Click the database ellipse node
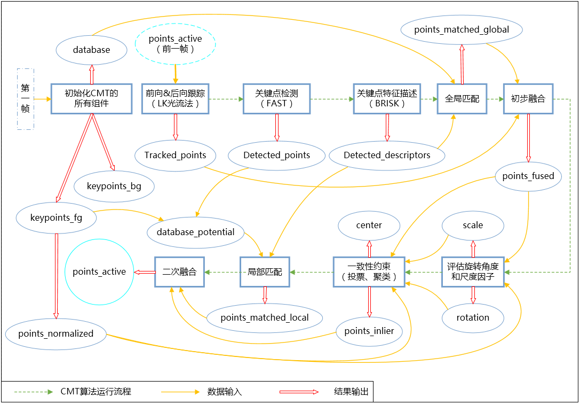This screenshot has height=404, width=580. pos(91,50)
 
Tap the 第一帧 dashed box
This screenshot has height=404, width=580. pos(26,99)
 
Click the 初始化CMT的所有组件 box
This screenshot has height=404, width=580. pos(91,98)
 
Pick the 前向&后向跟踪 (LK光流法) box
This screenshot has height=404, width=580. pos(175,98)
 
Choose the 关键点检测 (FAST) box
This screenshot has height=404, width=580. pos(276,98)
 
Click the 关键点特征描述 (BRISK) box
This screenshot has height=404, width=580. pos(387,98)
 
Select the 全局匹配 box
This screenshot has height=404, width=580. pos(462,98)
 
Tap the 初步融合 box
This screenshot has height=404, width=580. pos(528,98)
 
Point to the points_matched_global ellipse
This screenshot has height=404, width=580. pos(462,29)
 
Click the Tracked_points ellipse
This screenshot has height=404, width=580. pos(175,155)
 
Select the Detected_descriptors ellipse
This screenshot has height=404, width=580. pos(387,155)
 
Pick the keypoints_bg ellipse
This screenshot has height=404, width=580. pos(114,186)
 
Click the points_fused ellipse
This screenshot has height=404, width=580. pos(528,176)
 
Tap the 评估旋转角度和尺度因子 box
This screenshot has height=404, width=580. pos(473,272)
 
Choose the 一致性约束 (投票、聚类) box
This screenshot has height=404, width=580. pos(369,272)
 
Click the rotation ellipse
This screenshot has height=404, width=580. pos(473,317)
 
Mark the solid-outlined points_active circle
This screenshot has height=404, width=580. pos(99,271)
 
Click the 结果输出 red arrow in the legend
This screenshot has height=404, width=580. pos(298,392)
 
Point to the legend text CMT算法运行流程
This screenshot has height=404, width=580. pos(96,392)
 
